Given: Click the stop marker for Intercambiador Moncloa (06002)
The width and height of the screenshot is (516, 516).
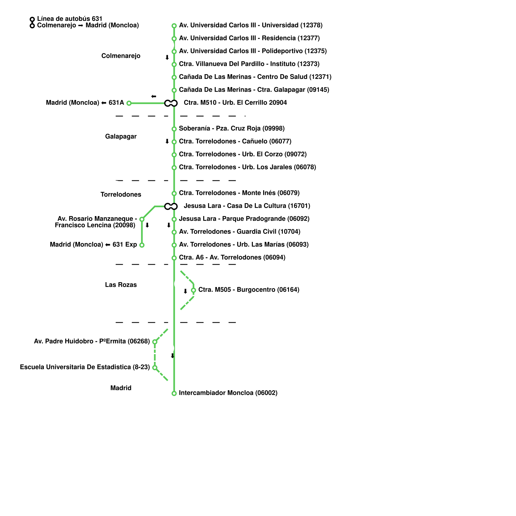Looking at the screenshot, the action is [174, 393].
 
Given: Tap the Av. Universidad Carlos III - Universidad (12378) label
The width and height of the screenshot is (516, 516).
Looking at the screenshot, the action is [251, 25].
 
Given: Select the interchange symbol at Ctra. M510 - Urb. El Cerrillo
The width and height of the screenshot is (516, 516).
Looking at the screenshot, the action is [171, 103].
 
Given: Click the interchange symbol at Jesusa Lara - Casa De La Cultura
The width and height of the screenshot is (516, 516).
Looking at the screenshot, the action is [171, 206].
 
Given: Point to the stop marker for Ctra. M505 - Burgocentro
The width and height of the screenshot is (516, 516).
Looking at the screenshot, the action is [193, 290].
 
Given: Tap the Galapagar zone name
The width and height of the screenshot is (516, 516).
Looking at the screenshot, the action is [121, 136].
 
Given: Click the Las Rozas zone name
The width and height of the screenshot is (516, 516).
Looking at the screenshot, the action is [121, 285].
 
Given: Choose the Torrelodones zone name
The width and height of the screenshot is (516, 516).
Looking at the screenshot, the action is [121, 194].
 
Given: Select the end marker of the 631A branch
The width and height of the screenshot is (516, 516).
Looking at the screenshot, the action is [129, 103].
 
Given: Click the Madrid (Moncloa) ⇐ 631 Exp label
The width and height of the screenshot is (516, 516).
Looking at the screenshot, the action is [94, 244].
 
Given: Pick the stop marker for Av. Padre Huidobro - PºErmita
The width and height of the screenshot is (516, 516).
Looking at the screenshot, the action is [155, 342].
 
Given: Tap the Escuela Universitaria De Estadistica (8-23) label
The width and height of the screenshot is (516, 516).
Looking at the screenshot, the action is [85, 367].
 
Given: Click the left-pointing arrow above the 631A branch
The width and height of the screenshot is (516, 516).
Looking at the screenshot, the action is [154, 96].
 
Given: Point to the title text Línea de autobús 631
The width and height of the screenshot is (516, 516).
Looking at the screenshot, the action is [70, 19].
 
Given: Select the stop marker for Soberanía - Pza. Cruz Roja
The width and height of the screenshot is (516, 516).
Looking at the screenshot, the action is [174, 129].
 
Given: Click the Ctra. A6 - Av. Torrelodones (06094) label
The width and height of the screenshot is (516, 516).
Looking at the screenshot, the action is [232, 257].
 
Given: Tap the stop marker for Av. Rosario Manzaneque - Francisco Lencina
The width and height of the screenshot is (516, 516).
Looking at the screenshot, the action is [142, 219].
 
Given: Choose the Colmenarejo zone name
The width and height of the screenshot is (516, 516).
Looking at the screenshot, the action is [121, 56].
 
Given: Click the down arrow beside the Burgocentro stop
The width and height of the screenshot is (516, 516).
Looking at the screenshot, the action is [185, 291].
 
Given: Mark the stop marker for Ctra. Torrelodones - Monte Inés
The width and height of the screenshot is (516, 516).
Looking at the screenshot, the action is [174, 193].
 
